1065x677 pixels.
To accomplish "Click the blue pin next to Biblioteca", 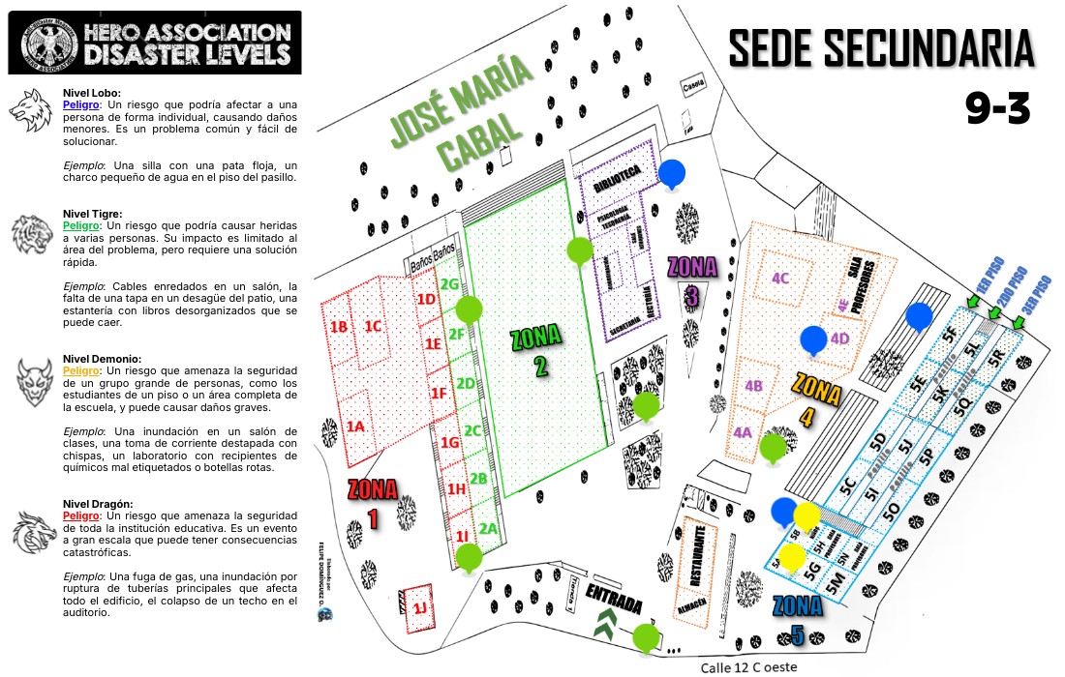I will (672, 173).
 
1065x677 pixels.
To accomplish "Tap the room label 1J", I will (419, 608).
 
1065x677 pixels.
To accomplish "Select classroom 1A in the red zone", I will (355, 426).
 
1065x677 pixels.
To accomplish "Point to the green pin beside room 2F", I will (469, 310).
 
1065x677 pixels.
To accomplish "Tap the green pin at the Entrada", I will (646, 637).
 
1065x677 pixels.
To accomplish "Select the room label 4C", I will (781, 279).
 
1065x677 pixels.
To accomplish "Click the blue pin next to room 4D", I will (814, 339).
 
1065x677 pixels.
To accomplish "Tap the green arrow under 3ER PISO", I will (1018, 324).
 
